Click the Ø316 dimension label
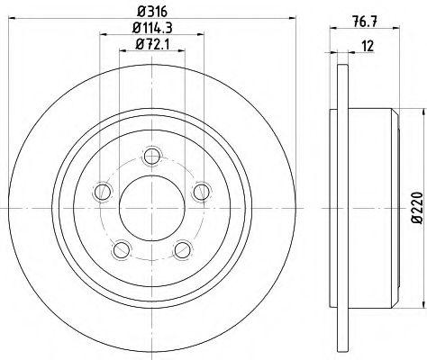pos(151,12)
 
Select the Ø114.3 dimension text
pos(152,28)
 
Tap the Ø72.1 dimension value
pos(152,44)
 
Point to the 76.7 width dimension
pos(365,22)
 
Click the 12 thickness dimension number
pos(368,46)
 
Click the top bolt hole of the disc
pos(152,156)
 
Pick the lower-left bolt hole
pos(122,249)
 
